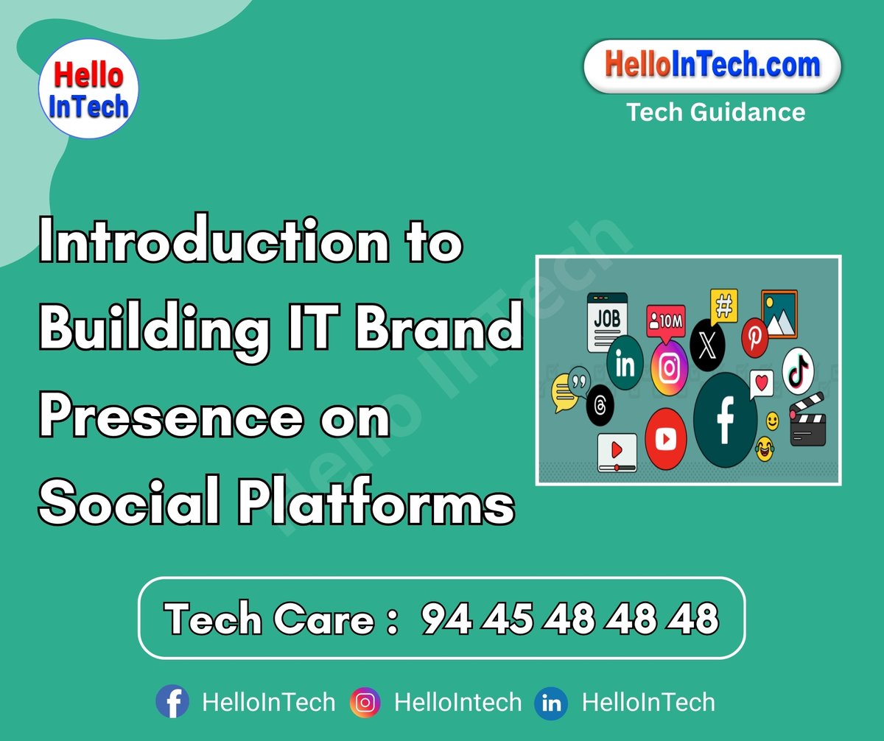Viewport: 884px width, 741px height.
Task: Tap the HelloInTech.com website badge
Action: (712, 66)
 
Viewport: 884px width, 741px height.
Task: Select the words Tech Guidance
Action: (715, 112)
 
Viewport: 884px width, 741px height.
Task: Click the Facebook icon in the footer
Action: (172, 702)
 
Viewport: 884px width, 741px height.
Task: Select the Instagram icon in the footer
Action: (365, 702)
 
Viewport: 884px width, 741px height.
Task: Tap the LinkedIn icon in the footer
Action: (551, 703)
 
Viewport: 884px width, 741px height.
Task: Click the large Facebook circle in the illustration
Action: (725, 420)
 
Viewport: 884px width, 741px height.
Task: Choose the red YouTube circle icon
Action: (665, 439)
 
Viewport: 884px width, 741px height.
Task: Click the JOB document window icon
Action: (607, 322)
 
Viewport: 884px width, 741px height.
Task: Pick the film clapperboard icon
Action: (807, 421)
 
